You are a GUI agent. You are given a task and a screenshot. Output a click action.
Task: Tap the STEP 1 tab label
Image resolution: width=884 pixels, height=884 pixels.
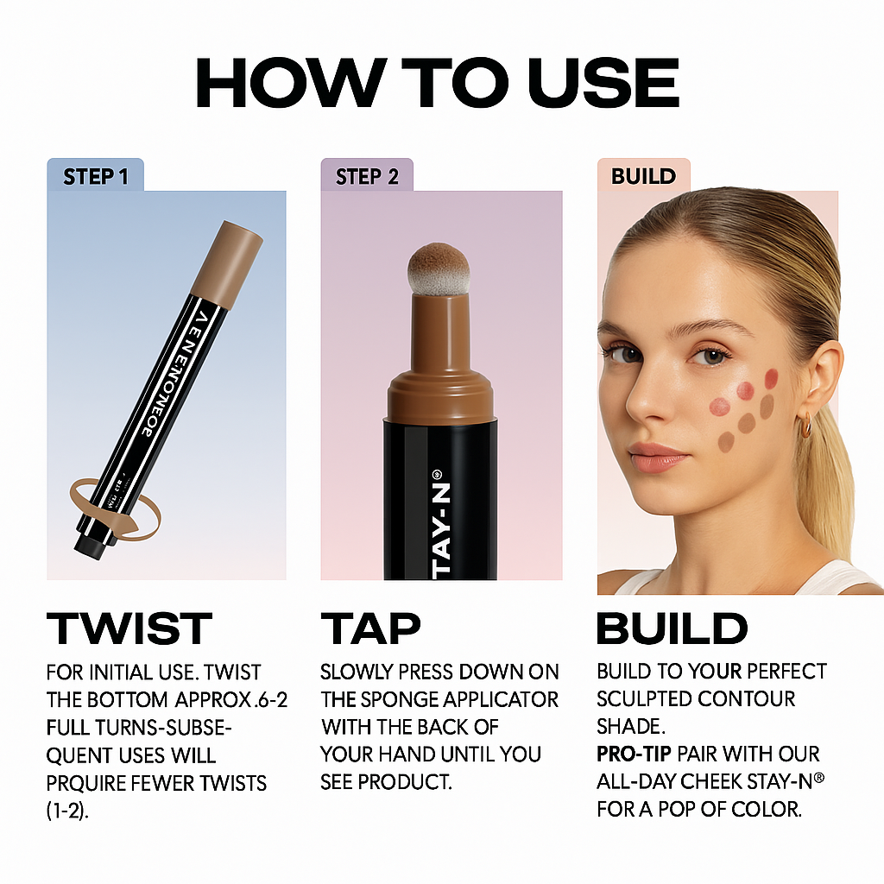(95, 177)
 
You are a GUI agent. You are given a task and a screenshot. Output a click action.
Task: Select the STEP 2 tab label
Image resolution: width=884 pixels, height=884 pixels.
(367, 177)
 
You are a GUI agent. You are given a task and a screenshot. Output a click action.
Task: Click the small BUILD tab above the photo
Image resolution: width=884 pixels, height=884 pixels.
(643, 176)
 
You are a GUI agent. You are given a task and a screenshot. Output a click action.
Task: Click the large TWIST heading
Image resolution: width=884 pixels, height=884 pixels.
(129, 628)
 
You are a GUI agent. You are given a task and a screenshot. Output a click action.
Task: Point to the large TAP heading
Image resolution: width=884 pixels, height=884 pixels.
(370, 628)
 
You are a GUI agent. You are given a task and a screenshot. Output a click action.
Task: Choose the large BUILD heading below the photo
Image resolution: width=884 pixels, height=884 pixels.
(672, 628)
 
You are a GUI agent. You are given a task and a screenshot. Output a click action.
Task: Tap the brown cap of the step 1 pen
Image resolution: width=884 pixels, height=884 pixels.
(225, 259)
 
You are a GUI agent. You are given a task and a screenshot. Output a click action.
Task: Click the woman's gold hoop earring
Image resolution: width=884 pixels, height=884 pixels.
(805, 426)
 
